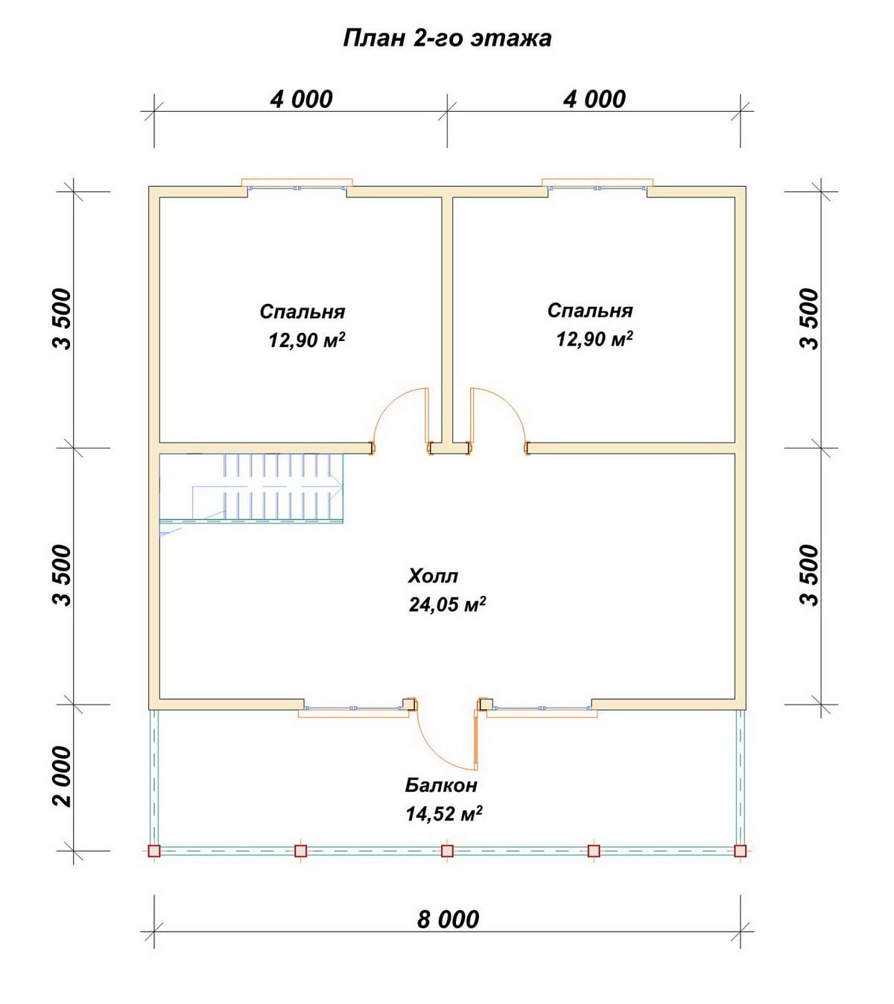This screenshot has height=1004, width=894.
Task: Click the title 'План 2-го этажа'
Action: point(447,39)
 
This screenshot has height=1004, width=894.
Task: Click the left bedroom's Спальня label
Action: point(302,312)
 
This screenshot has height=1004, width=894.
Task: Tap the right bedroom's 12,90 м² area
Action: point(594,339)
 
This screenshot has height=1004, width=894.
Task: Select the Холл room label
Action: point(432,576)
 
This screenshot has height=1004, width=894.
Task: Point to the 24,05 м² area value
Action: point(447,605)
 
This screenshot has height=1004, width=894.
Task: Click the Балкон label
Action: point(441,785)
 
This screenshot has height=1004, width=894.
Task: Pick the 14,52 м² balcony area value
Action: point(444,814)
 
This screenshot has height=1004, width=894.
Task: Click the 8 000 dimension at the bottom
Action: point(448,919)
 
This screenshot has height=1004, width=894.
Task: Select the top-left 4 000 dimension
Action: point(301,99)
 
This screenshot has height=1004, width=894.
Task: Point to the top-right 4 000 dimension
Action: point(594,99)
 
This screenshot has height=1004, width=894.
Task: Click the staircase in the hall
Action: point(251,489)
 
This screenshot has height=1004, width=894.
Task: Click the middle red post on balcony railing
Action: point(447,851)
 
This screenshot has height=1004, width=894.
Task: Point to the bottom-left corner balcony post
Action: point(154,851)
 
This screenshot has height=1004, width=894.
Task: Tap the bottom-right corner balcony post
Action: point(741,851)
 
